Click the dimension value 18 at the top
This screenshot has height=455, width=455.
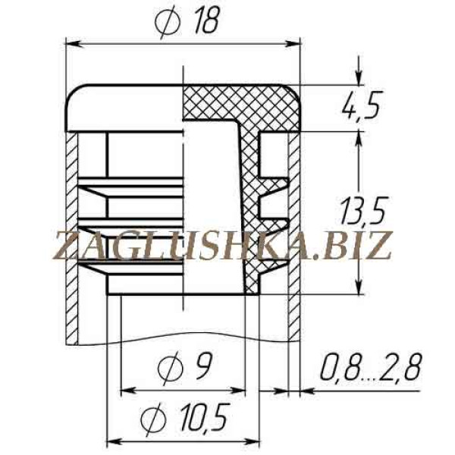(x=206, y=20)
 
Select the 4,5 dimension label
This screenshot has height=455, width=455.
(x=361, y=105)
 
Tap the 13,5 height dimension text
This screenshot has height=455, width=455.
(x=362, y=211)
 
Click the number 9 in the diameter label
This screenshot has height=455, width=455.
(x=204, y=366)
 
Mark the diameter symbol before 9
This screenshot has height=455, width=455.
(x=171, y=368)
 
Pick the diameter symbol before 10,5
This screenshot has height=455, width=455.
(x=153, y=418)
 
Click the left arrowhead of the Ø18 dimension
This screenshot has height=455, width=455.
(x=73, y=44)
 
